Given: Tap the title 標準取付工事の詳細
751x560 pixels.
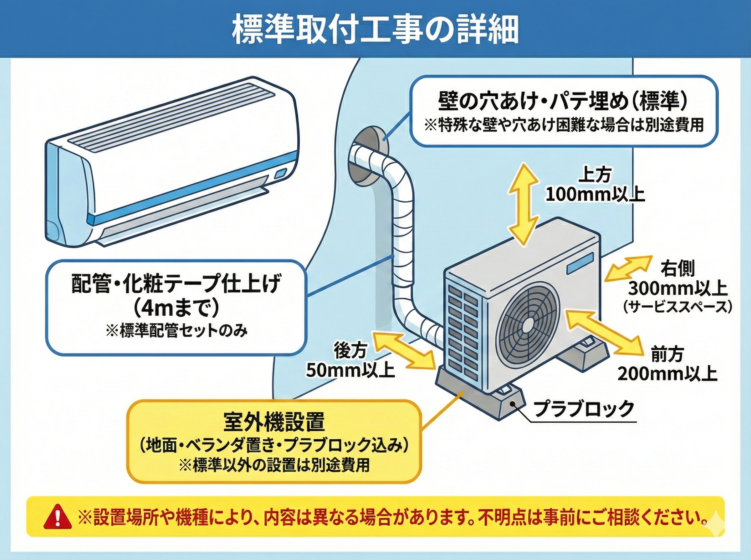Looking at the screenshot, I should [375, 32].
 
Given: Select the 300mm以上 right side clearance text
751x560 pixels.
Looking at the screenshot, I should [677, 288].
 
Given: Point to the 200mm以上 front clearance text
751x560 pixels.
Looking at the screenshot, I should [667, 374].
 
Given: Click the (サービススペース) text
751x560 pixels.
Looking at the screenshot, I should [677, 307].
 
